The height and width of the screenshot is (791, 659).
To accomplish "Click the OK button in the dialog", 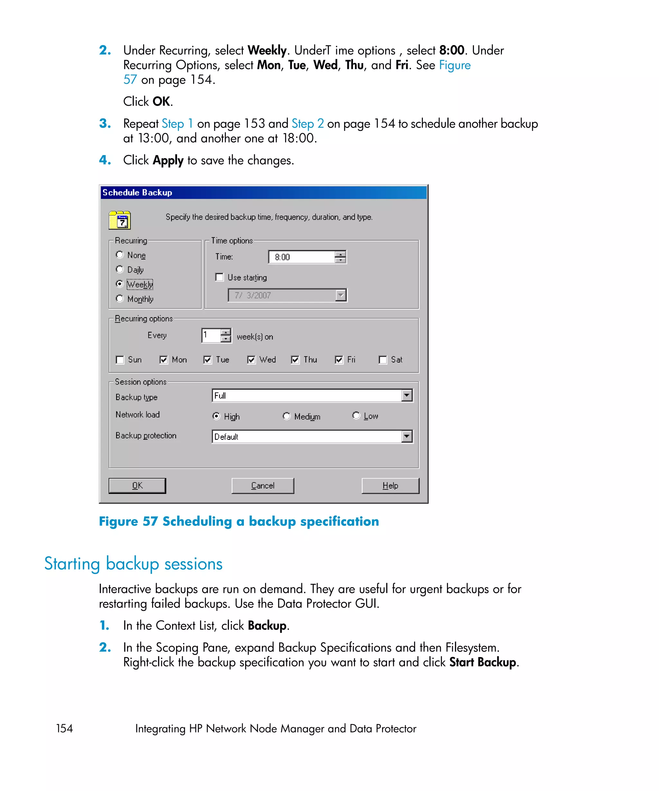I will coord(137,486).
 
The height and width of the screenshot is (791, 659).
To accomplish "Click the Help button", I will coord(390,486).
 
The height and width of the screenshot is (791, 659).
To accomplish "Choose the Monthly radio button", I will coord(120,298).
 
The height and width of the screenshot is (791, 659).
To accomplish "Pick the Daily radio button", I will coord(120,269).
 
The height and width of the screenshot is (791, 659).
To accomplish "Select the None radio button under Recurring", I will coord(120,255).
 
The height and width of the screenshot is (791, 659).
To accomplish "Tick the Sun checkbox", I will coord(120,360).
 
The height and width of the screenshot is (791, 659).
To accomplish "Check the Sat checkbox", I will coord(383,360).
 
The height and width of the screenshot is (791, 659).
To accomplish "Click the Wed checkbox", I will coord(251,360).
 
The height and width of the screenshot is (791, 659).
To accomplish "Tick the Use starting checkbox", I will coord(219,277).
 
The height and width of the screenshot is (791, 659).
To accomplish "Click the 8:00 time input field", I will coord(301,257).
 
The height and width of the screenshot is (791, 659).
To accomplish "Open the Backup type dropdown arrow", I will coord(406,395).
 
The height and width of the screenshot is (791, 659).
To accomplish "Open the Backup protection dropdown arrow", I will coord(406,437).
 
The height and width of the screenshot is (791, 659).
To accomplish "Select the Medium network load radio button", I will coord(287,416).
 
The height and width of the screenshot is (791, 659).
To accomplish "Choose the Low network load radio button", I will coord(356,415).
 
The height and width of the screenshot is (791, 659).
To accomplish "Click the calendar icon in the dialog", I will coord(120,220).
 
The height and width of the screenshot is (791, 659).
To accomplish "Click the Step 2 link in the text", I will coord(307,124).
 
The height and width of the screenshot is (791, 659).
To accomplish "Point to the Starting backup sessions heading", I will coord(133,564).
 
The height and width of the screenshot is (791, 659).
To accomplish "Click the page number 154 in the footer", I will coord(64,729).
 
